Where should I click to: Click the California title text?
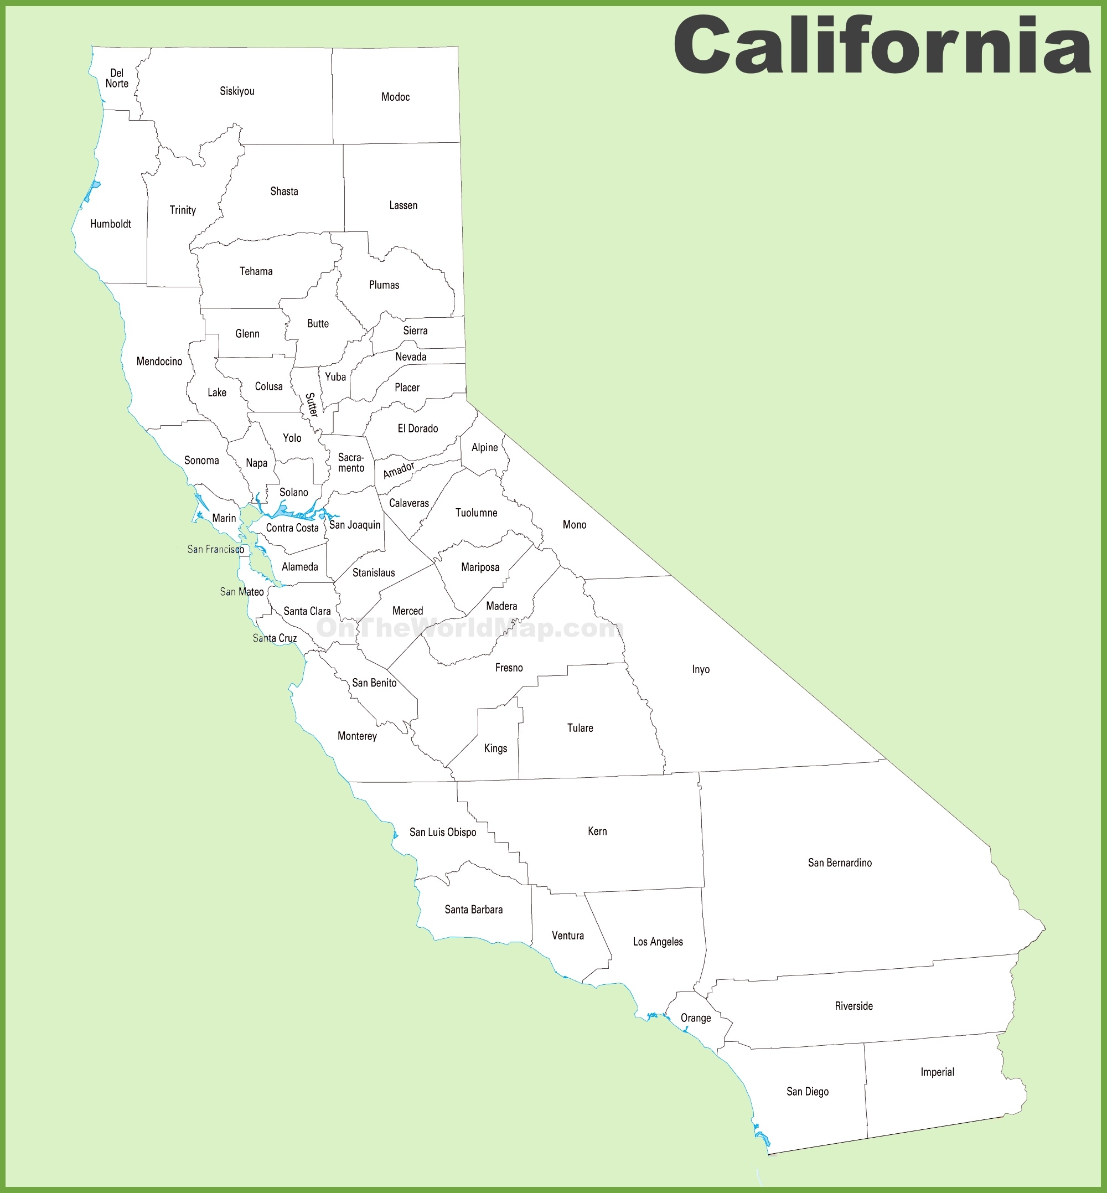coord(882,47)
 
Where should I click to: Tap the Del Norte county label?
coord(117,79)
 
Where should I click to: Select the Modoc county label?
coord(395,97)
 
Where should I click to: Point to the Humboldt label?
coord(111,224)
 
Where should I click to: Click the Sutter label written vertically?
coord(312,405)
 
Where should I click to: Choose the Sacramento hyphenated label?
coord(351,463)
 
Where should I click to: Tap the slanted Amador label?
coord(399,471)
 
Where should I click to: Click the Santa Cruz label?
coord(275,638)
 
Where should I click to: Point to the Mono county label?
coord(575,525)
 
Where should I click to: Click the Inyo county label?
coord(701,669)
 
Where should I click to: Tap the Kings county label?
coord(495,748)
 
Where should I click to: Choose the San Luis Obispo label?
coord(443,832)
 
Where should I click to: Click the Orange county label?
coord(695,1018)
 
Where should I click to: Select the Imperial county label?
coord(938,1072)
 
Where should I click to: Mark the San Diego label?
coord(808,1092)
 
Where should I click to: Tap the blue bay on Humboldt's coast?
coord(92,192)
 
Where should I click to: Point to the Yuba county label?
coord(335,377)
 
